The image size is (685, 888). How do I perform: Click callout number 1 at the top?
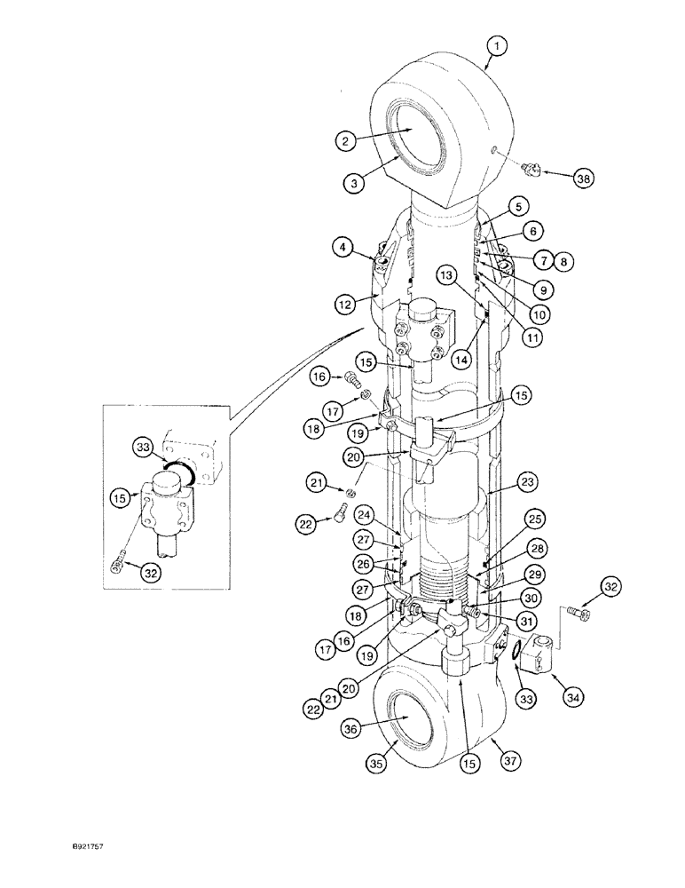tap(499, 44)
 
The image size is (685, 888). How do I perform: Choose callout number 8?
tap(563, 260)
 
